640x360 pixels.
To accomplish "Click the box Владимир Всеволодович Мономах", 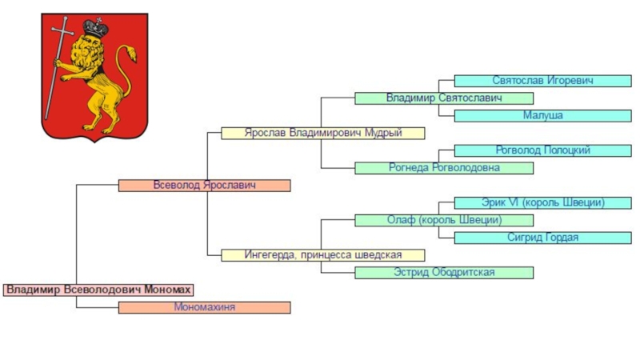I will click(98, 290).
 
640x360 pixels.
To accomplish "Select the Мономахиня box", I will click(204, 307).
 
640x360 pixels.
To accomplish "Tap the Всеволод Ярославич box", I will click(204, 186).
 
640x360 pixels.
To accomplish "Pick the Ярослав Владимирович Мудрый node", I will click(322, 133).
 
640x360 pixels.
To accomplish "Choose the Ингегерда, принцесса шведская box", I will click(322, 255).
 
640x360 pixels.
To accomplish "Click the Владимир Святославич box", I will click(443, 98).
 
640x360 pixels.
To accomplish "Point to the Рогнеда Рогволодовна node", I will click(443, 168).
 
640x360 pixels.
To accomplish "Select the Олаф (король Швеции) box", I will click(443, 220).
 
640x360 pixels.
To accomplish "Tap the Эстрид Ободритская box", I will click(443, 273).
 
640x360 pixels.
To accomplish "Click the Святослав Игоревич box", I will click(542, 81).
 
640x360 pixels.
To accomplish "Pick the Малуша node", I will click(542, 116).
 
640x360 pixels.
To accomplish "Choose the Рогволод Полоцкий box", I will click(542, 150).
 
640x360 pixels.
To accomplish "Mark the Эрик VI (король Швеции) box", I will click(542, 203).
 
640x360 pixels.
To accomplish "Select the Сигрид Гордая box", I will click(542, 238).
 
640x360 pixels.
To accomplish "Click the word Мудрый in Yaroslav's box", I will click(384, 133).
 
